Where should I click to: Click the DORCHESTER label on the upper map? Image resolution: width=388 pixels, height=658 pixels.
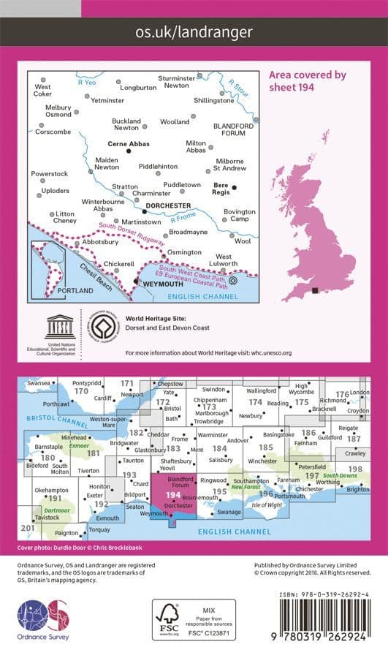168,206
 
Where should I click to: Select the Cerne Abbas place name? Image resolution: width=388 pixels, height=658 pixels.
128,144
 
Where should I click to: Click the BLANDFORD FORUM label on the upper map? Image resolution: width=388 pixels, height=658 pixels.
233,129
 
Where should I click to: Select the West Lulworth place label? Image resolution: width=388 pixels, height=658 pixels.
223,261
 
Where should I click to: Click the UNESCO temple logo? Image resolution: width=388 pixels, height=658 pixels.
59,326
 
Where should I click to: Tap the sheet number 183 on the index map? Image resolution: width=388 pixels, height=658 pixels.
173,448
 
